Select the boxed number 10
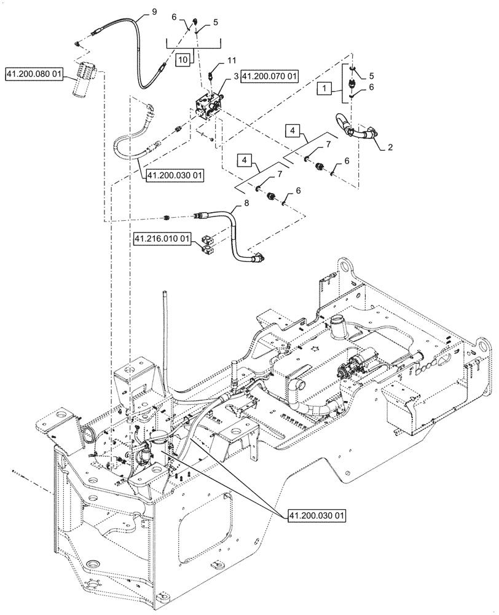183,60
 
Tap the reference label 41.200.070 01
269,76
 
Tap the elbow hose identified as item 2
356,127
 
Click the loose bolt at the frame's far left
18,472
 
